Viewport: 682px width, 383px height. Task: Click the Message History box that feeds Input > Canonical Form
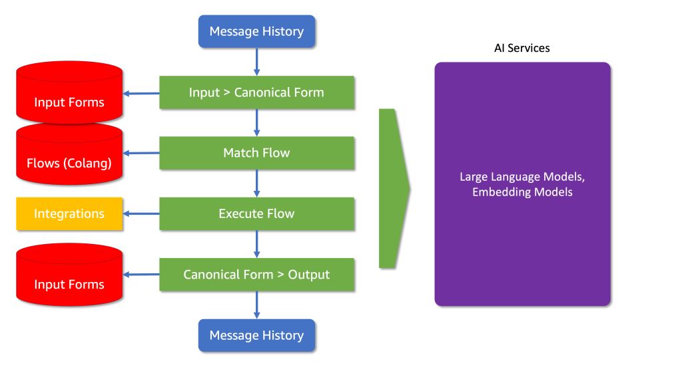tap(256, 31)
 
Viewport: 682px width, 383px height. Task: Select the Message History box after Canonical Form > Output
tap(256, 335)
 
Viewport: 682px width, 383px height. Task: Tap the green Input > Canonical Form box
tap(256, 92)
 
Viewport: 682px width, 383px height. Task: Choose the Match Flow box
tap(256, 153)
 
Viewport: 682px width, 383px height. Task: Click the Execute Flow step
tap(256, 213)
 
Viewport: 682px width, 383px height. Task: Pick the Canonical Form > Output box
tap(256, 275)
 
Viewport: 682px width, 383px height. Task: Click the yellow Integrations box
tap(69, 213)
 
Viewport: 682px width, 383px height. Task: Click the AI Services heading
tap(521, 49)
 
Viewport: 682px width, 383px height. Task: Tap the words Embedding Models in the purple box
tap(522, 192)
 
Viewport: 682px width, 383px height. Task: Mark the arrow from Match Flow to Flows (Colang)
tap(141, 154)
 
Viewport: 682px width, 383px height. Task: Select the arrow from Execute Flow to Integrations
tap(141, 213)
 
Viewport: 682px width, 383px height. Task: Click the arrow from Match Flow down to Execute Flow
tap(256, 184)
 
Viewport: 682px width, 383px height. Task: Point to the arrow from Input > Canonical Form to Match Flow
tap(256, 122)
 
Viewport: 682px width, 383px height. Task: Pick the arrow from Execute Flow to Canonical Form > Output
tap(256, 244)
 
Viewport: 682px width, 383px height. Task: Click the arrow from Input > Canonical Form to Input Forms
tap(141, 93)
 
